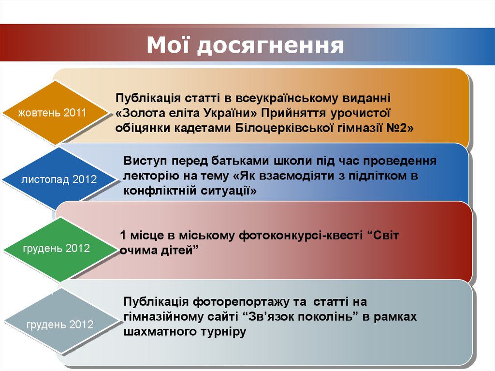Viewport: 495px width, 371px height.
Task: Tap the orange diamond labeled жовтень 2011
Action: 52,113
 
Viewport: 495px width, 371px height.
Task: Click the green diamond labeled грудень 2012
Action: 56,249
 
